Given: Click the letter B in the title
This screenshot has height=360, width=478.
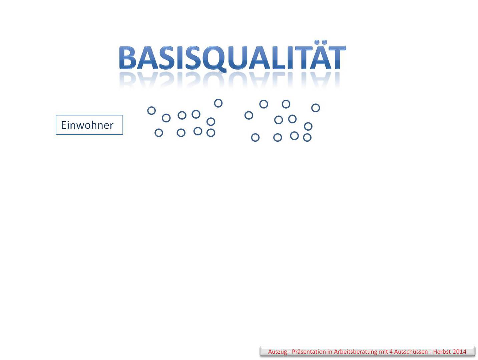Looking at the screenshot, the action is pyautogui.click(x=127, y=57).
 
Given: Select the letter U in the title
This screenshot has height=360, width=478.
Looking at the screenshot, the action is pyautogui.click(x=238, y=57).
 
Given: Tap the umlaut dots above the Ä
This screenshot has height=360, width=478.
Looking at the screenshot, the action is pyautogui.click(x=321, y=42).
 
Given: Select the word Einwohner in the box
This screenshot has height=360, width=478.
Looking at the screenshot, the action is pyautogui.click(x=87, y=125).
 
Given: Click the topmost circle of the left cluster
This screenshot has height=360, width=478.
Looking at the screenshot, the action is pyautogui.click(x=218, y=103).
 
